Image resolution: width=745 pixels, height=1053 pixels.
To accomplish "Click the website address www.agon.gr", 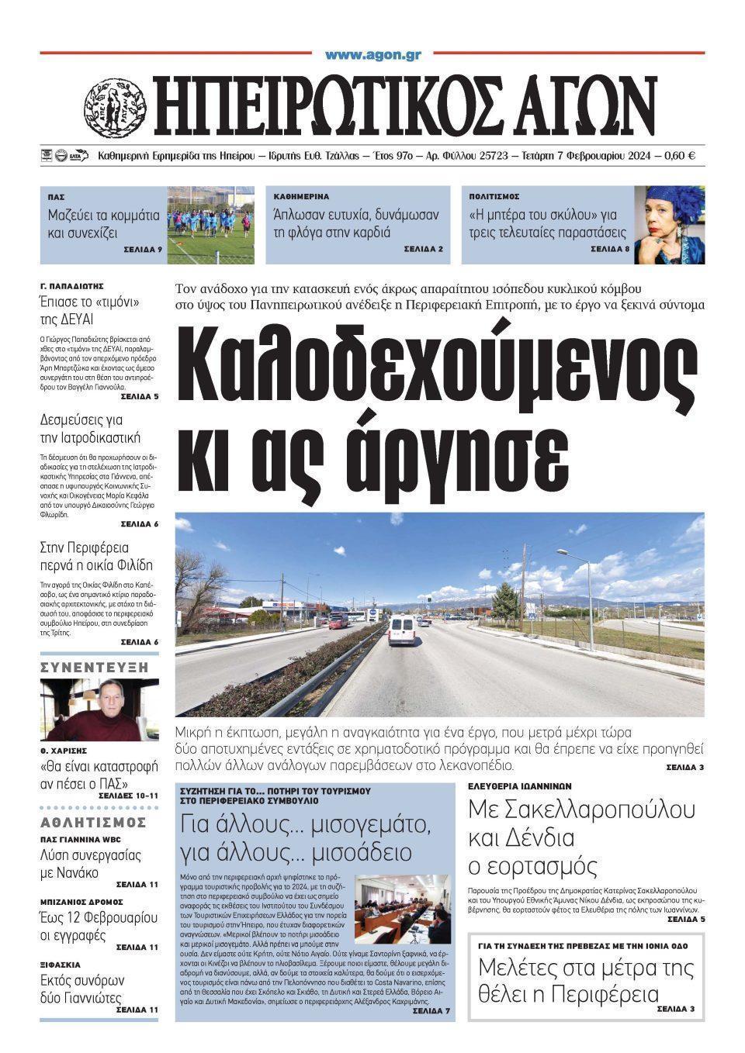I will (x=372, y=55).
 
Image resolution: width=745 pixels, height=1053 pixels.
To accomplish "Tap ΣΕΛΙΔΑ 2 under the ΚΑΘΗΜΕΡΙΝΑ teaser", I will (x=423, y=250).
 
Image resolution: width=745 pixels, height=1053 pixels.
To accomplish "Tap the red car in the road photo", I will (x=339, y=621).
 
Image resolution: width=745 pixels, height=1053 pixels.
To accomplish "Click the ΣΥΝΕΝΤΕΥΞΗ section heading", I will (x=94, y=667).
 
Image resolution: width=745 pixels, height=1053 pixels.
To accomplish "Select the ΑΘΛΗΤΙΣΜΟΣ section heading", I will (x=93, y=822).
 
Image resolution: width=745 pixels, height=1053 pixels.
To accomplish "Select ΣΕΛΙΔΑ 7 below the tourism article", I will (x=431, y=1011).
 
